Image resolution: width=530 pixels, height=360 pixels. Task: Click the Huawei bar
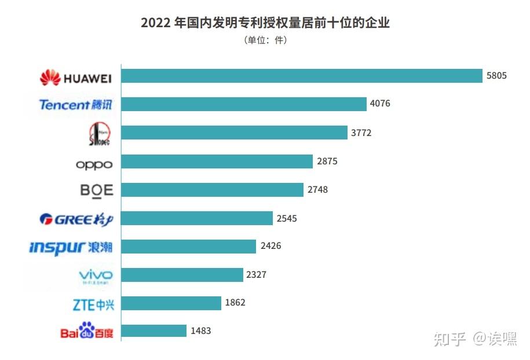301,76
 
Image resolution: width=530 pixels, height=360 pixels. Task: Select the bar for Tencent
243,104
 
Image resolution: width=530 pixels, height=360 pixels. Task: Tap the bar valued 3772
234,133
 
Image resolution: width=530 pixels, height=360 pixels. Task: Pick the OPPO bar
217,161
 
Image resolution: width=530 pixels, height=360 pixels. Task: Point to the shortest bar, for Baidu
153,331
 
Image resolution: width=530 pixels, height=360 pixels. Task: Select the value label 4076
379,104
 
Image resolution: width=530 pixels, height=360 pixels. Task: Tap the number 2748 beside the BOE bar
317,190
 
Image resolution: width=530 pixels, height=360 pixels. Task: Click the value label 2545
286,218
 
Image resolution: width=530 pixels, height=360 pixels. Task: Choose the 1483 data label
200,331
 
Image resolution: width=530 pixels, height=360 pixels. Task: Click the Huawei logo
75,77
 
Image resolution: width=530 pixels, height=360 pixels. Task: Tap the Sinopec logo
100,134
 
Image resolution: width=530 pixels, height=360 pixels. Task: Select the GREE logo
75,219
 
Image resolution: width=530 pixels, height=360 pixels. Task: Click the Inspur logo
71,247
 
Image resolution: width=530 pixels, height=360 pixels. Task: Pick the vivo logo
96,275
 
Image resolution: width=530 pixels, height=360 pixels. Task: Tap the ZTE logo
93,303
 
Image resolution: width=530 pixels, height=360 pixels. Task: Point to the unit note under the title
265,41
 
